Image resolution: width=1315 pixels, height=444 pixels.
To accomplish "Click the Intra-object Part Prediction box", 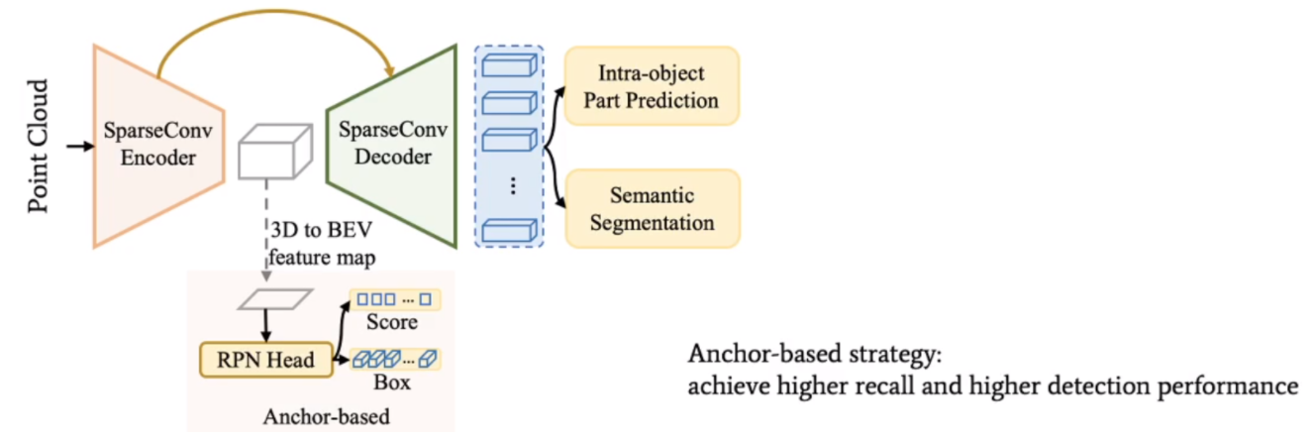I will (x=653, y=87).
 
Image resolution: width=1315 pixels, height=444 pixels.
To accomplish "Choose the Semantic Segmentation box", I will (x=653, y=208).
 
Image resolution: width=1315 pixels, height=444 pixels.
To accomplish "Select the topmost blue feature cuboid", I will (x=510, y=67).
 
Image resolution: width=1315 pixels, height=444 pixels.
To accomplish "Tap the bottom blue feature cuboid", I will (x=510, y=231).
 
